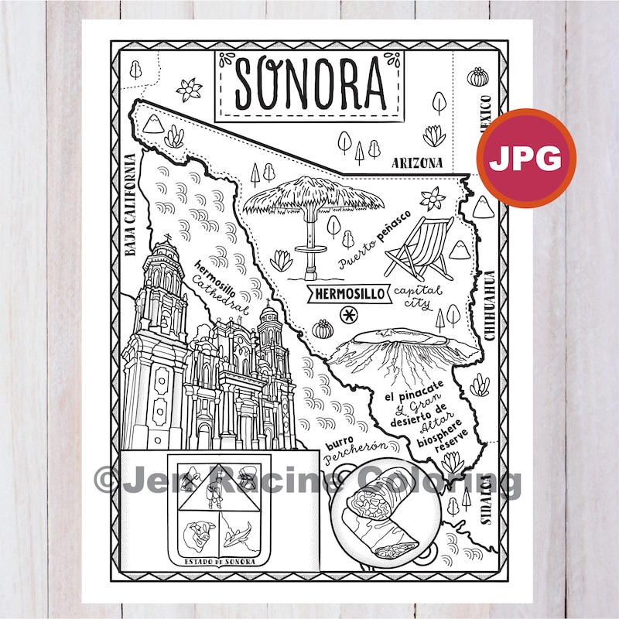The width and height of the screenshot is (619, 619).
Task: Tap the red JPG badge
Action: point(531,159)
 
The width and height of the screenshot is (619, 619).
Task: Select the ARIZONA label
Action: point(416,163)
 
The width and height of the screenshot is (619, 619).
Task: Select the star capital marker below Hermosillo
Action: point(350,315)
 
